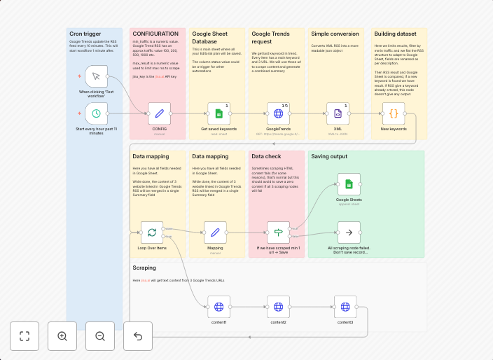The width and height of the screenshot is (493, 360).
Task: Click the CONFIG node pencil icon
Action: coord(160,113)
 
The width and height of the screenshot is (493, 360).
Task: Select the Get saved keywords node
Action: coord(218,113)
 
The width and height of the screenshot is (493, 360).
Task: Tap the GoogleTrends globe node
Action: coord(278,113)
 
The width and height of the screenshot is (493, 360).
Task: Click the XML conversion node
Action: coord(338,113)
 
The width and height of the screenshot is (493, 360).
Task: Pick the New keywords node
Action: coord(394,113)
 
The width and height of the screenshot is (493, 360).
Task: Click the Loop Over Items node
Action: coord(152,232)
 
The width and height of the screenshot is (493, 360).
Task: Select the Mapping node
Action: coord(215,232)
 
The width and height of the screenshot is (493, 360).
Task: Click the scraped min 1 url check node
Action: coord(278,232)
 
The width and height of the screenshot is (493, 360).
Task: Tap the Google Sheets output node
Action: coord(349,184)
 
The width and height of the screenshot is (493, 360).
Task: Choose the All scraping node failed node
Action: coord(349,232)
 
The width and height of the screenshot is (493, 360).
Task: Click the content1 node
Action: coord(219,307)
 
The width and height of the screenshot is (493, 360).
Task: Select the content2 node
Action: coord(278,307)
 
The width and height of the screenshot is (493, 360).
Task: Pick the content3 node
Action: coord(345,307)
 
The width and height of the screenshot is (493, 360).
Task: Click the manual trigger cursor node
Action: coord(97,76)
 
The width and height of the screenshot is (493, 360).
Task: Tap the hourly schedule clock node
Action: coord(97,113)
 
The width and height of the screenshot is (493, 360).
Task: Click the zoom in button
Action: coord(62,336)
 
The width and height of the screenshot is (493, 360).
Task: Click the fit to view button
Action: coord(25,336)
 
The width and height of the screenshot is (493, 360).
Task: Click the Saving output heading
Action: coord(331,157)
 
